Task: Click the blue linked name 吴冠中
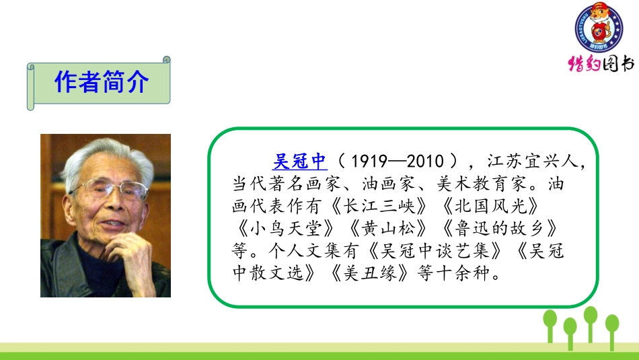point(299,161)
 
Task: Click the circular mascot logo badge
point(598,30)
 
